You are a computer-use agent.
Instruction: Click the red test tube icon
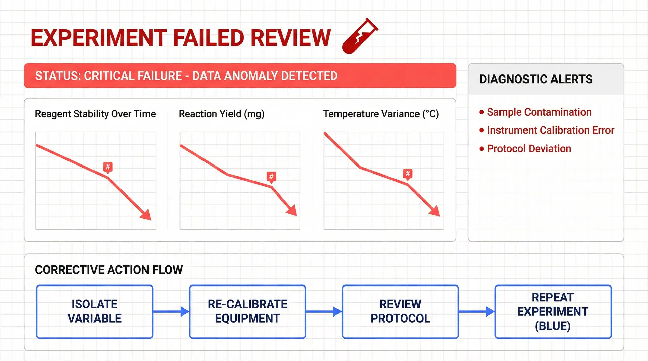coord(359,36)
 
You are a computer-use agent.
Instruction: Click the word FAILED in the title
coord(209,37)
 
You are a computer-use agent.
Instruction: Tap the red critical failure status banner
coord(240,76)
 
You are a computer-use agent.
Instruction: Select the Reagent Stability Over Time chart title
coord(95,114)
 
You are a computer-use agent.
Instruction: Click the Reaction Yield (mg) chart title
coord(221,114)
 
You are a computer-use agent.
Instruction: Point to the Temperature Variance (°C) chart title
coord(381,114)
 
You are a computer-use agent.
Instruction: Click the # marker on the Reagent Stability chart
coord(108,167)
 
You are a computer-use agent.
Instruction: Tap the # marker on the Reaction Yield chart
coord(271,176)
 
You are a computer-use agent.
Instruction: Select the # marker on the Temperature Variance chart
coord(408,174)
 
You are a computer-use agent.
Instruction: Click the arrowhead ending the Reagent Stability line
coord(146,215)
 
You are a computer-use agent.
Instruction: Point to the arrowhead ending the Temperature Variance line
coord(435,211)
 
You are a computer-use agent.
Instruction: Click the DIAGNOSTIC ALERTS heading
coord(536,79)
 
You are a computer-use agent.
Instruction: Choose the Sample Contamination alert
coord(539,112)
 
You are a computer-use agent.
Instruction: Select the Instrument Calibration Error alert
coord(550,130)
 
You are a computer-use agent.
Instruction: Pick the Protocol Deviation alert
coord(529,149)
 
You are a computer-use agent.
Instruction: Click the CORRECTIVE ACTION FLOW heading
coord(109,270)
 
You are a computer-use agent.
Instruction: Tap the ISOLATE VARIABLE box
coord(94,311)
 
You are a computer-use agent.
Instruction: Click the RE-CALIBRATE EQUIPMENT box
coord(247,311)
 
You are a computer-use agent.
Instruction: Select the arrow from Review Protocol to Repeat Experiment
coord(477,311)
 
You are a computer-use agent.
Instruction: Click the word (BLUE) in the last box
coord(553,326)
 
